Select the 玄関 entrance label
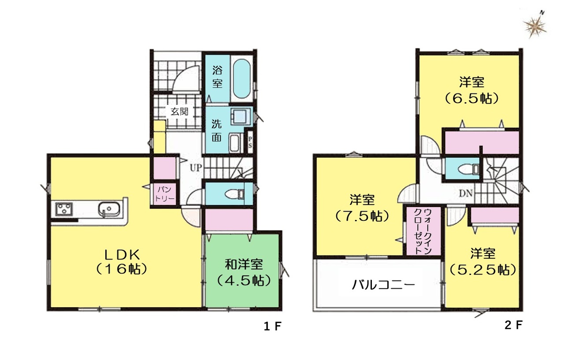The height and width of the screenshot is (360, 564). pos(179,111)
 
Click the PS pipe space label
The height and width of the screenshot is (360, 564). pos(250,142)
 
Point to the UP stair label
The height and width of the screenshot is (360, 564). pos(196,168)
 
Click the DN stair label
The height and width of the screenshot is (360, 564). pos(465,193)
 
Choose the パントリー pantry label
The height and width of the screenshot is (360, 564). pos(164,193)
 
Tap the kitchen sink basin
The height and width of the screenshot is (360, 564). pos(109,209)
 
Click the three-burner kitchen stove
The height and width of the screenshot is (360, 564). pos(64,209)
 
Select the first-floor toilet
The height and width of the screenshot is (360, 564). pos(234,194)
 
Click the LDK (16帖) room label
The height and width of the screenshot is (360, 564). pos(122,262)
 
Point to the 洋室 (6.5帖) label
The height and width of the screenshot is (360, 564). pos(471,91)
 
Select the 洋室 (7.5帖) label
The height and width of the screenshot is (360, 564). pos(362,208)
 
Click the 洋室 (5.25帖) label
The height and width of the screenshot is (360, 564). pos(482,262)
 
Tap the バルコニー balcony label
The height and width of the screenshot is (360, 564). pos(383,285)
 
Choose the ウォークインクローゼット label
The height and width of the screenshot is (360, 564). pos(423,231)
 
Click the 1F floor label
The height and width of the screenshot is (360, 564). pos(272,327)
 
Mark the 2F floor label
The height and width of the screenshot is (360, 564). pos(513,325)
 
